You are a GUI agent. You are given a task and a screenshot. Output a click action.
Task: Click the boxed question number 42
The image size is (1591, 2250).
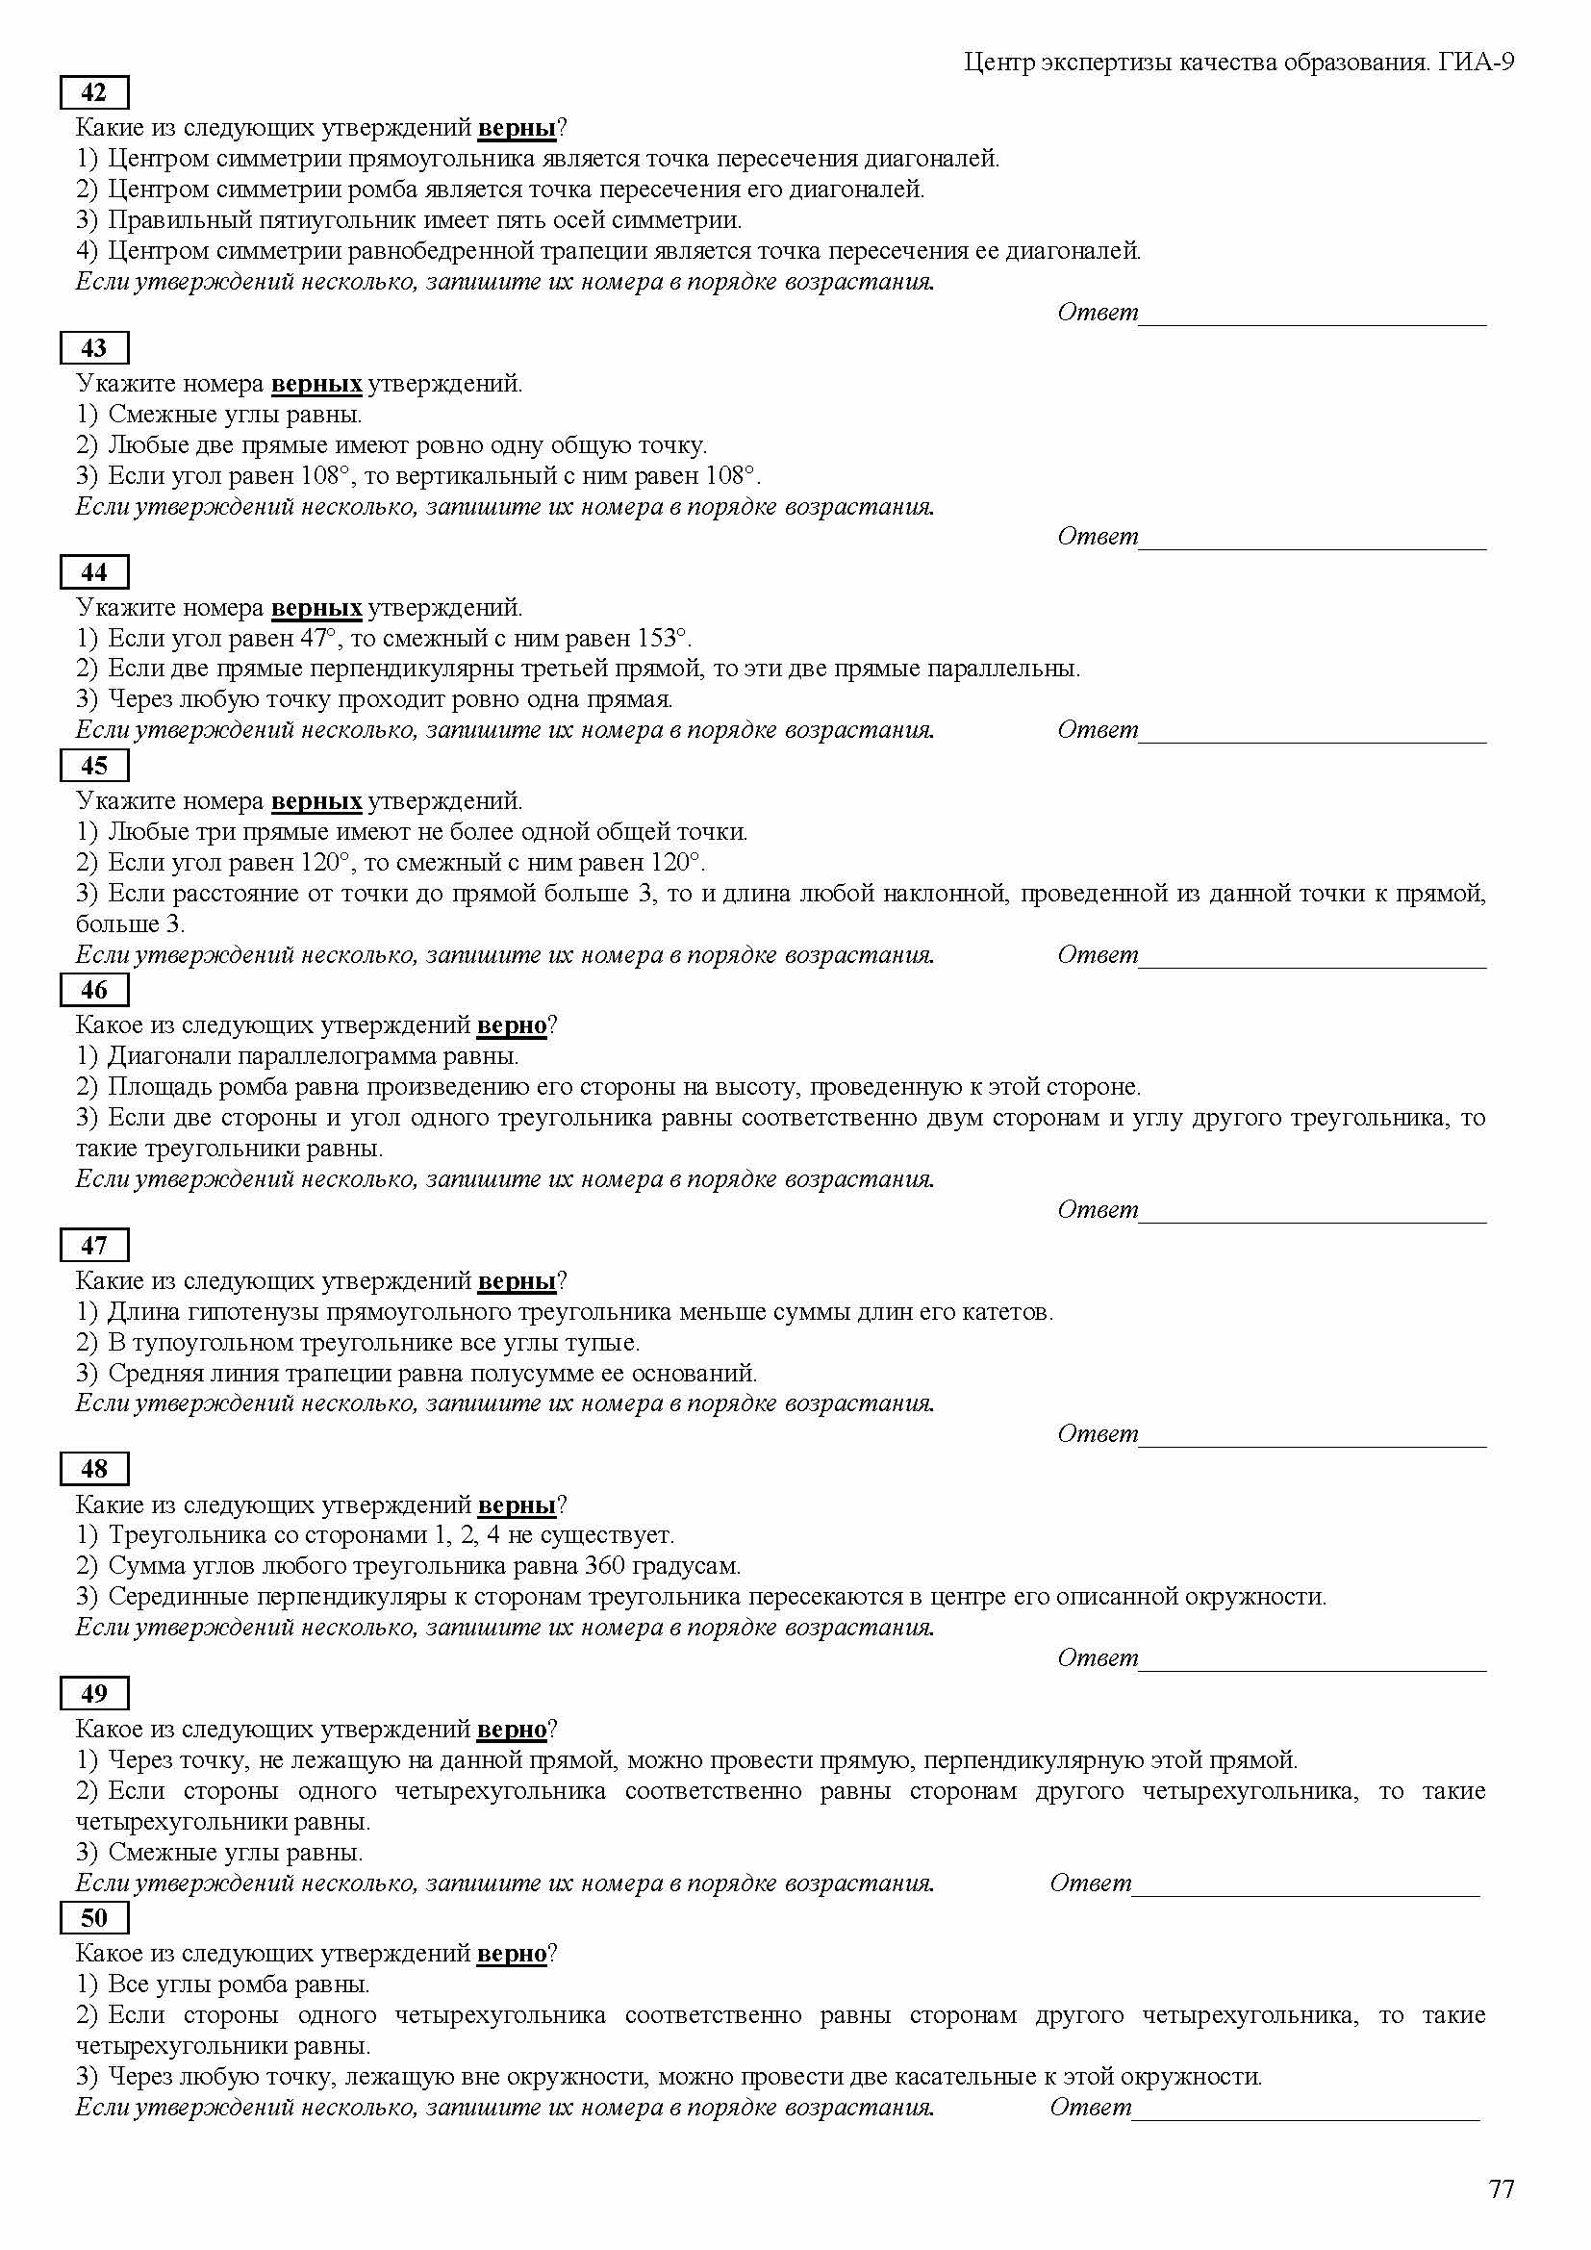(x=94, y=93)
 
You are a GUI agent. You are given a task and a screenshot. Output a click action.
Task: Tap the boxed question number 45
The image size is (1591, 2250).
(x=94, y=766)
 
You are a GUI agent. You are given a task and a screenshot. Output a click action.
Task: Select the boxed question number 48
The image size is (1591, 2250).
(x=94, y=1469)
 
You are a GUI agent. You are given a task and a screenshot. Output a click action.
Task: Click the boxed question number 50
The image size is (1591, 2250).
(x=94, y=1918)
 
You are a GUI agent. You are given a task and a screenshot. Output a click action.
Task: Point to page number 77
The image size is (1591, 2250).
(x=1501, y=2189)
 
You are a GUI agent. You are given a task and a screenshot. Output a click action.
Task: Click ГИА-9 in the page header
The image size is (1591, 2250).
(x=1477, y=63)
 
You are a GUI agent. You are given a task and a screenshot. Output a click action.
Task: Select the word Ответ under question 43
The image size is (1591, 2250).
(x=1098, y=536)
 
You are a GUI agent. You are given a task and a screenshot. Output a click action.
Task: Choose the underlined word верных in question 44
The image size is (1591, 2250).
(x=316, y=608)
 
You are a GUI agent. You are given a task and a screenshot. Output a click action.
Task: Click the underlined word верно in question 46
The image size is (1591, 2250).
(x=512, y=1025)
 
